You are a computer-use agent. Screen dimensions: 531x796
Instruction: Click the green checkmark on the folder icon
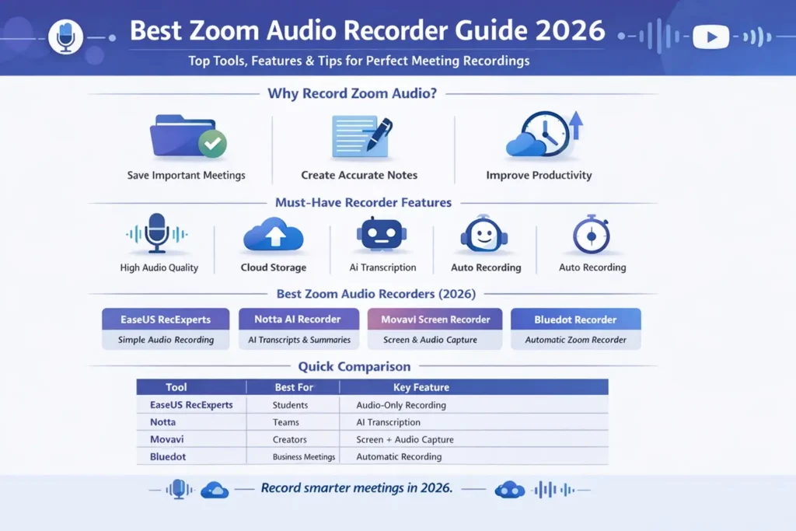(211, 144)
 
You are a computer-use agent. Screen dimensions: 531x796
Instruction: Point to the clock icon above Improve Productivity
(544, 134)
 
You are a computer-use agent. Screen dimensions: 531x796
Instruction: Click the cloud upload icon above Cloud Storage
(273, 234)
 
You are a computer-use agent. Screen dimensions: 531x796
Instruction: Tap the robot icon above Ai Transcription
(381, 233)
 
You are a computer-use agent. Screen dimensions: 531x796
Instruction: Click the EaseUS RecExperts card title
(166, 320)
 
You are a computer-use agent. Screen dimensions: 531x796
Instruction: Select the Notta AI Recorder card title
(298, 320)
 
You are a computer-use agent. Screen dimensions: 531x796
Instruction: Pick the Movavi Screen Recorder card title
(435, 320)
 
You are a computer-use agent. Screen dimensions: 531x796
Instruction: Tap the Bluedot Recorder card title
(575, 320)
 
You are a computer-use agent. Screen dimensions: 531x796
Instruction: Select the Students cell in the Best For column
(290, 405)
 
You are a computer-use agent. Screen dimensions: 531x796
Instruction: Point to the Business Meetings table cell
(304, 457)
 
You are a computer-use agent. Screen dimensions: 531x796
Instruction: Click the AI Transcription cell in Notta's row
(388, 422)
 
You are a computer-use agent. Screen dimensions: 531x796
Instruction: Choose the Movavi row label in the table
(166, 439)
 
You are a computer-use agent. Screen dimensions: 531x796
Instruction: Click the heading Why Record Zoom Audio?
(352, 94)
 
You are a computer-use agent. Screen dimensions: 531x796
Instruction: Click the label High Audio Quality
(159, 267)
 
